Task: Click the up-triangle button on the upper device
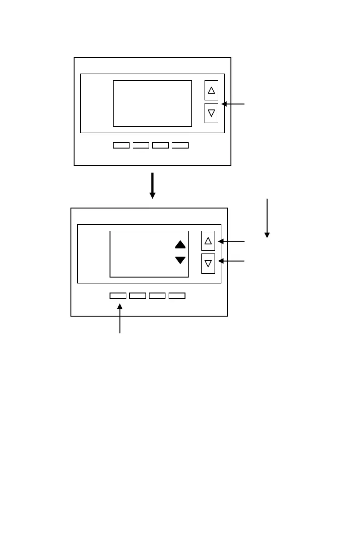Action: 211,90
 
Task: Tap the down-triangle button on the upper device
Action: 211,113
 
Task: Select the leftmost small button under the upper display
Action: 121,145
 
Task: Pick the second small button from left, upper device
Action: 141,145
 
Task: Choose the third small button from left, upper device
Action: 160,145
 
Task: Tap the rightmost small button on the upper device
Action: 180,145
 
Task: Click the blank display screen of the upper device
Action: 152,104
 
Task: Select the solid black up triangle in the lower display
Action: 180,244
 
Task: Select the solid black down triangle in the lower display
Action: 180,260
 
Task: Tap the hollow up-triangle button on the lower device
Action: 208,241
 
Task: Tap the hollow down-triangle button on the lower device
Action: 208,263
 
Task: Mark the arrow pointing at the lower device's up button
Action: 231,241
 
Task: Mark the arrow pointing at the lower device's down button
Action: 231,261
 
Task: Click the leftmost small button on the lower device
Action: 118,296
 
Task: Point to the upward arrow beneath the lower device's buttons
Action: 120,319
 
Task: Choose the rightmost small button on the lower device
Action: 177,296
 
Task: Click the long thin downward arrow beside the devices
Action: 267,218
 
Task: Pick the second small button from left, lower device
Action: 137,296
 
